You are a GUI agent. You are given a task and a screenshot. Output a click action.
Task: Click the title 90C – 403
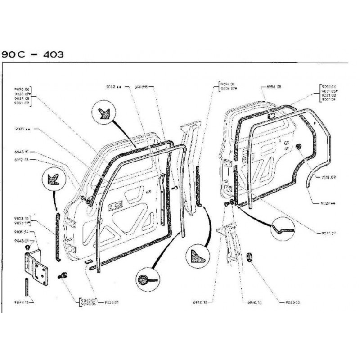(32, 54)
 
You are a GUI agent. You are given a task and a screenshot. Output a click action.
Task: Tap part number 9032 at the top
(112, 86)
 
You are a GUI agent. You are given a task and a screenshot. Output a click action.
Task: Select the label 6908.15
(141, 86)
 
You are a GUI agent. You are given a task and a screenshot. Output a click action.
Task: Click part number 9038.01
(111, 302)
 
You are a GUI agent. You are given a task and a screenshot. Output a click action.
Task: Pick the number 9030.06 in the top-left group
(22, 89)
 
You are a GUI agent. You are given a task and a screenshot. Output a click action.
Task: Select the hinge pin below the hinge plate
(27, 287)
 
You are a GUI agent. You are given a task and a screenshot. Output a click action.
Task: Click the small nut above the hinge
(29, 247)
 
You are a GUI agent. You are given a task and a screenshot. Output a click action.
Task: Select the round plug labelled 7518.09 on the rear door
(298, 147)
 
